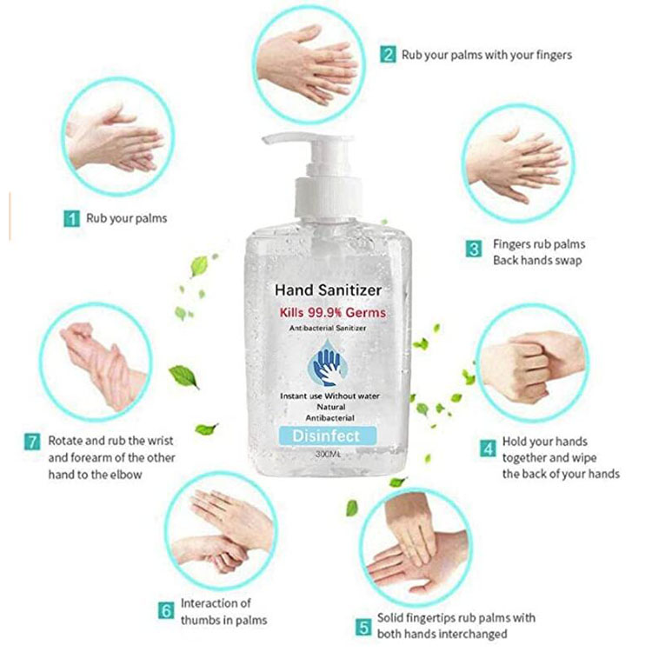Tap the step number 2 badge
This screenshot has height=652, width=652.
pos(388,54)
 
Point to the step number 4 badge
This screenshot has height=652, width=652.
pos(488,449)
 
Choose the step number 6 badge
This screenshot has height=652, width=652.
pos(166,611)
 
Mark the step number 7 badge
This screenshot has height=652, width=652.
pos(32,442)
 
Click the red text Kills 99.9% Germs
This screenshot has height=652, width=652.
pos(333,312)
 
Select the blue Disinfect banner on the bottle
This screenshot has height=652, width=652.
pos(327,434)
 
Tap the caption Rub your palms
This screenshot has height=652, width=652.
pos(126,218)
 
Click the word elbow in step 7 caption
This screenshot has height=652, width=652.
pos(127,475)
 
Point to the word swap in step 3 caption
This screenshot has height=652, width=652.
pos(565,261)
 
